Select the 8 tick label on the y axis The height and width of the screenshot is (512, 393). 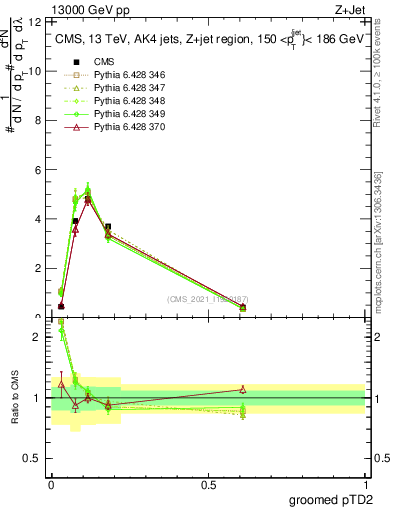[38, 120]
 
